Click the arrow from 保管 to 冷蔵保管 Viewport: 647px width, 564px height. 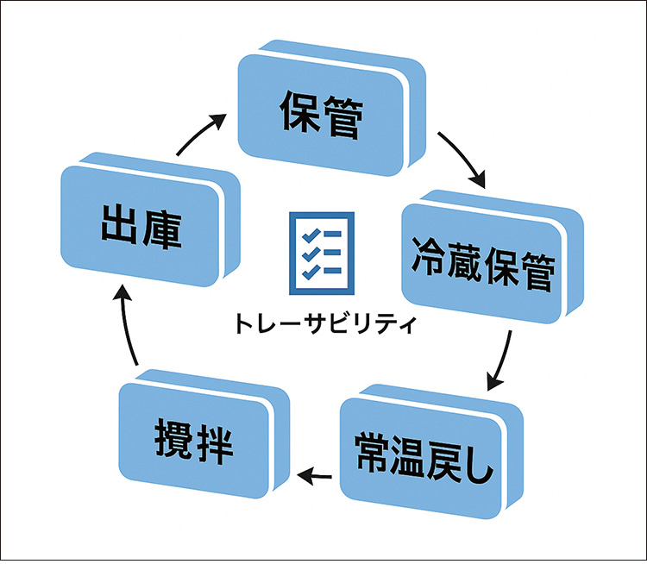point(462,159)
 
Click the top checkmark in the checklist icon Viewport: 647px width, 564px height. point(307,233)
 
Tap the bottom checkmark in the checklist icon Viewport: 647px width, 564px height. point(307,272)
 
